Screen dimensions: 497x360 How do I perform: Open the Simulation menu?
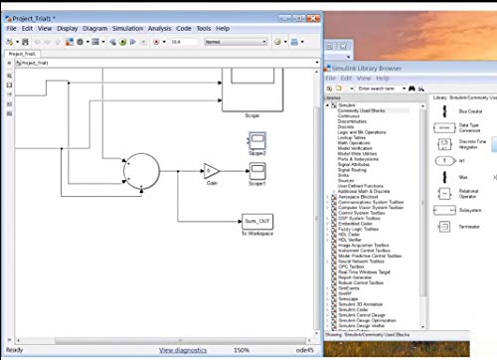pyautogui.click(x=127, y=29)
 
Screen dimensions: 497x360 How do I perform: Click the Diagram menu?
pyautogui.click(x=95, y=29)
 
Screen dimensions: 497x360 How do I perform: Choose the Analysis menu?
pyautogui.click(x=160, y=29)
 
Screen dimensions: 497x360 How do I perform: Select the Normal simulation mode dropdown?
pyautogui.click(x=227, y=43)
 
